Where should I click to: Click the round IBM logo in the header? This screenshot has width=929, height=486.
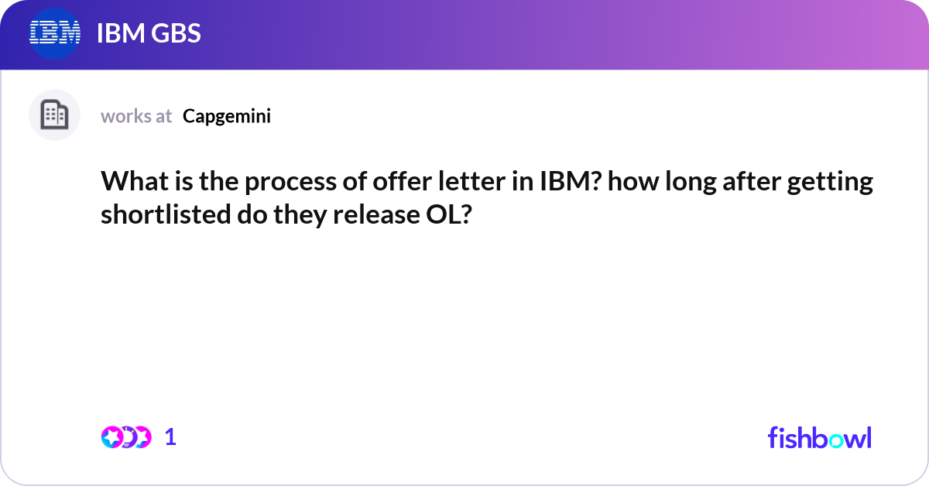point(55,33)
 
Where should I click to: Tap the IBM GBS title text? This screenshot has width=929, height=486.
point(149,33)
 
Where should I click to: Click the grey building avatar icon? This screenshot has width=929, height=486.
point(54,115)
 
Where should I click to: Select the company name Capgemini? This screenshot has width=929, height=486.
point(226,116)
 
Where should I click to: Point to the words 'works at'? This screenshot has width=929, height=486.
point(136,116)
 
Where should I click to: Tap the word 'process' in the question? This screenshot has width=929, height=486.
point(290,183)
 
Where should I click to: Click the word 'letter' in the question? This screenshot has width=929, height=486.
point(471,181)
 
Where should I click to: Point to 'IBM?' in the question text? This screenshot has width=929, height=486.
point(571,181)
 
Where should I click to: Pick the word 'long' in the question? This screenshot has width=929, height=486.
point(691,183)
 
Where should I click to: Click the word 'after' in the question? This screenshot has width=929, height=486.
point(752,181)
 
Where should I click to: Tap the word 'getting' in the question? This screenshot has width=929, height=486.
point(830,183)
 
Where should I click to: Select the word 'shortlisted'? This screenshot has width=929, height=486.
point(166,214)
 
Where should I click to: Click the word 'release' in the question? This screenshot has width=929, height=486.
point(376,215)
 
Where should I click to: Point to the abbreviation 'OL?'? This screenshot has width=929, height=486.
point(449,214)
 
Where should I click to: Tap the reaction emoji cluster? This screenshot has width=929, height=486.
point(126,437)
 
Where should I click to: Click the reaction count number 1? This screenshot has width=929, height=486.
point(170,437)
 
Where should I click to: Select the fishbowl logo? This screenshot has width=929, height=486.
point(820,437)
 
